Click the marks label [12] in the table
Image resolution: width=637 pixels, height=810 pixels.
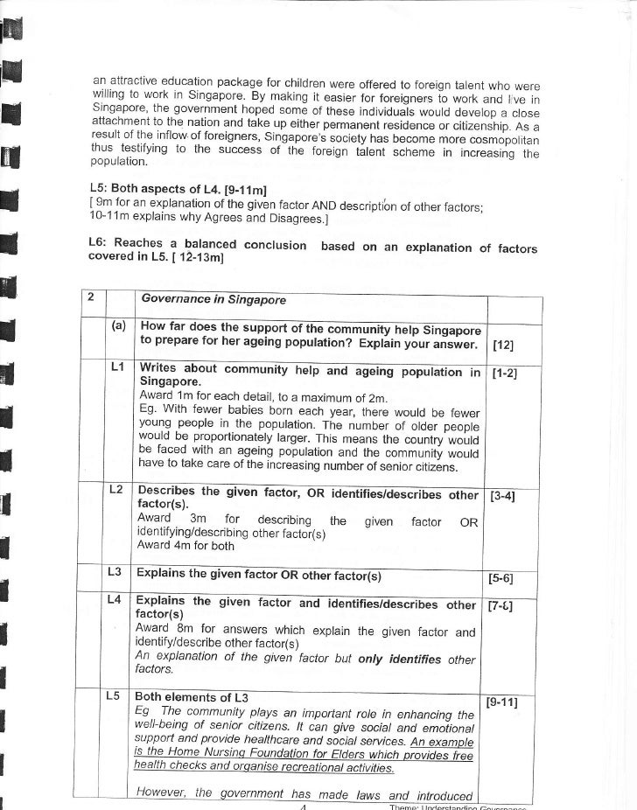(503, 343)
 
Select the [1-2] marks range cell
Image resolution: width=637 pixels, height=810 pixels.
(504, 373)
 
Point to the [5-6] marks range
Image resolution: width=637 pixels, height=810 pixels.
(501, 577)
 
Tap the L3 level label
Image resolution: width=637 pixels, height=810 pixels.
(113, 572)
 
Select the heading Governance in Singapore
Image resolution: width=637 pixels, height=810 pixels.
(213, 299)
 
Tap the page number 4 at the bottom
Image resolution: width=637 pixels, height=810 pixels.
(299, 807)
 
